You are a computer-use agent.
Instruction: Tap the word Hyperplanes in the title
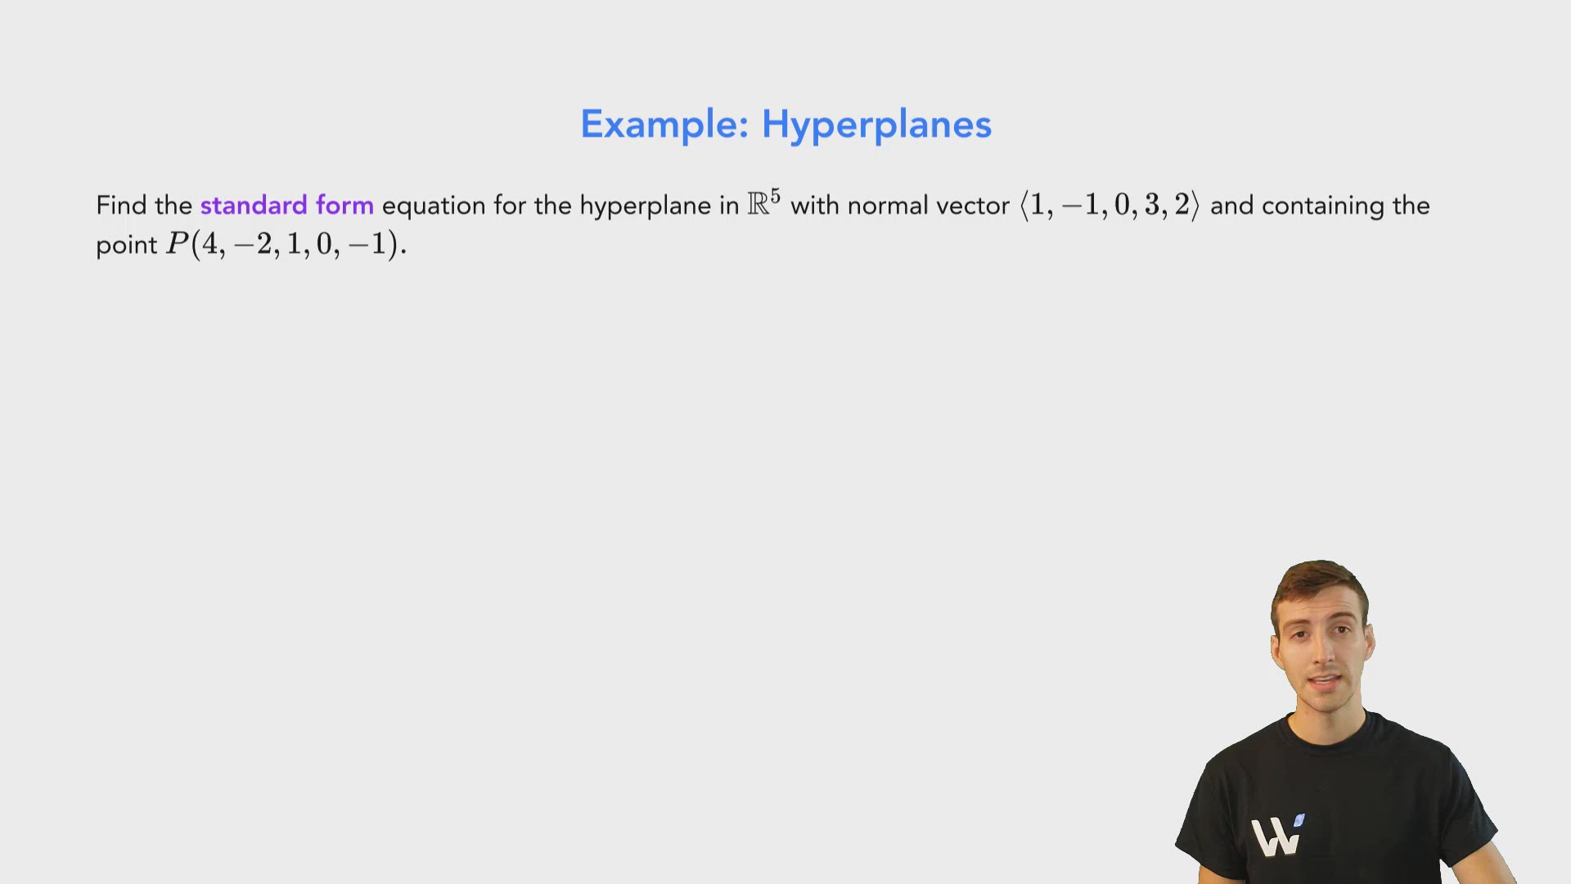(x=876, y=124)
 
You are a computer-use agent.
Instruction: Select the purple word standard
(x=254, y=205)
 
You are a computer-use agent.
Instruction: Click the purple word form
(x=344, y=205)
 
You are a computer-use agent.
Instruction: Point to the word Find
(x=121, y=205)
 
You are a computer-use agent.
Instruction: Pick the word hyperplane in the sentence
(x=645, y=205)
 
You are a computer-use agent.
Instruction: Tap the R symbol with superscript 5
(x=763, y=203)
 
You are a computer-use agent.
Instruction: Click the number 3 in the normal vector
(x=1152, y=205)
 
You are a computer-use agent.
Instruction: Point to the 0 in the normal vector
(x=1122, y=205)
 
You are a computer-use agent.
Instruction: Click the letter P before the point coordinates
(x=178, y=244)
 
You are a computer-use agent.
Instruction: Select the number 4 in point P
(x=209, y=244)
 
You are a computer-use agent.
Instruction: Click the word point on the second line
(x=126, y=245)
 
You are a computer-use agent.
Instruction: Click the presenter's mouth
(x=1324, y=683)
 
